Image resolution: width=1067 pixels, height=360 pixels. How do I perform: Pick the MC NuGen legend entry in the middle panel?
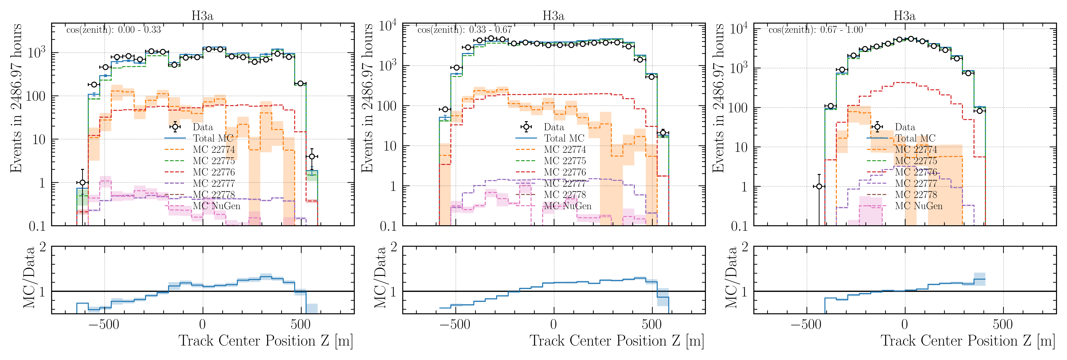tap(568, 206)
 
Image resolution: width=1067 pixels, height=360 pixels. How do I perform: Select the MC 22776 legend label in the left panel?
tap(214, 172)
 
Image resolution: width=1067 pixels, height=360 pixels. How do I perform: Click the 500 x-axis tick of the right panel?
tap(1003, 324)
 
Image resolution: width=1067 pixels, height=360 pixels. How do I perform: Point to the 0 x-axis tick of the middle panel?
tap(553, 324)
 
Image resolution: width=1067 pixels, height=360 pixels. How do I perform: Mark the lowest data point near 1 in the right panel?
tap(819, 186)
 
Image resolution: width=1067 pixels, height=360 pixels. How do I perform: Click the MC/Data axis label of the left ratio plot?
tap(29, 278)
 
